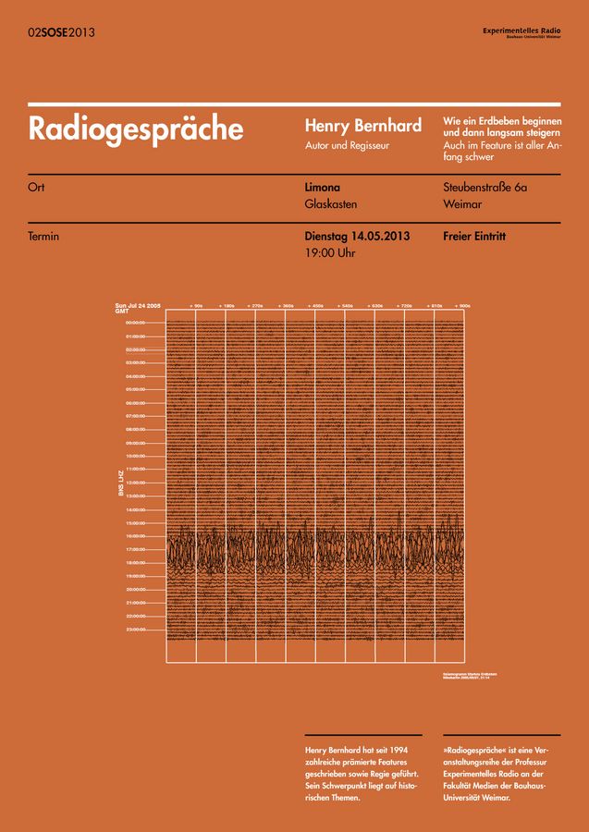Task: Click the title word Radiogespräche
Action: [136, 128]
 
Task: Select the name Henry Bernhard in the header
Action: [363, 126]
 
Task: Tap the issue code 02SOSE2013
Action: [61, 32]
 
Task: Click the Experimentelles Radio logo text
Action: [522, 31]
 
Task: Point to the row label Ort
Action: [37, 188]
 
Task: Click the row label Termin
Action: [44, 236]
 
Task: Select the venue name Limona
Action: [323, 188]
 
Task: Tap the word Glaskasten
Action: [331, 204]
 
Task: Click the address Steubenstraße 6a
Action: [485, 188]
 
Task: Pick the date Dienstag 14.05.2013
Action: [357, 236]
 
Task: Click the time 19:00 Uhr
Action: [330, 252]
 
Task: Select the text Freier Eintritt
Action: [474, 236]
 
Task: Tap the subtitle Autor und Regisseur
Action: [347, 145]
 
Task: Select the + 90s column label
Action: [196, 305]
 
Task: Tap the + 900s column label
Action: [462, 305]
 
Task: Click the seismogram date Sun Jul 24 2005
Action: [139, 304]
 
